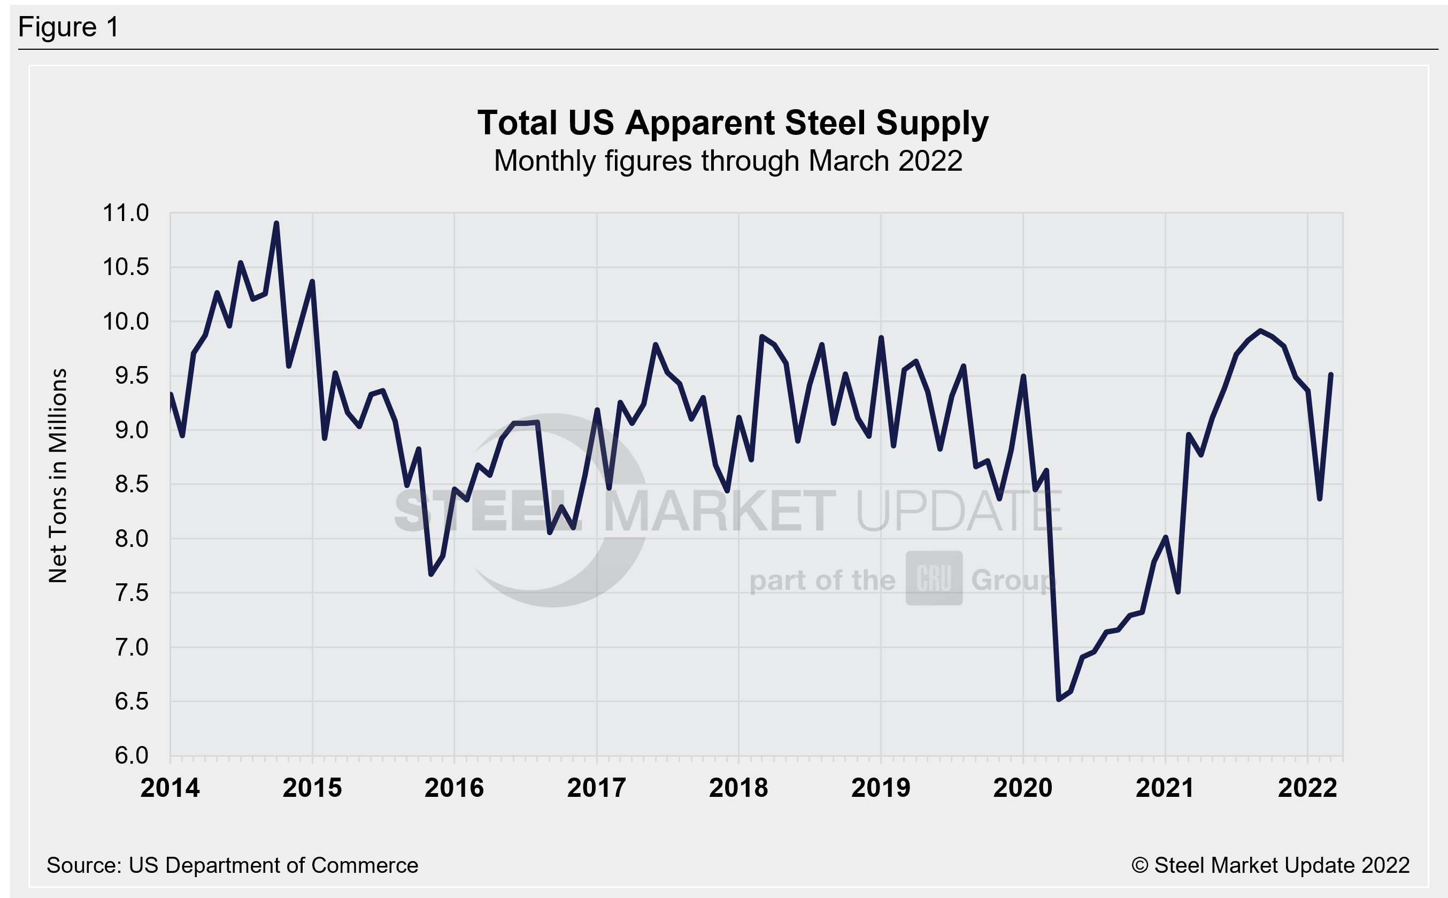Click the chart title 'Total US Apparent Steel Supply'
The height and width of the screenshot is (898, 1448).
tap(733, 123)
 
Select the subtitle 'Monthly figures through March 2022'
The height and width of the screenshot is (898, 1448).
tap(728, 161)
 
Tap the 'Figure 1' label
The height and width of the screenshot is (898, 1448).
tap(68, 27)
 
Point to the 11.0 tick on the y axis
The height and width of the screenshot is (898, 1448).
tap(126, 212)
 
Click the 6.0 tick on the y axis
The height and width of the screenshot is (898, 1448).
tap(131, 756)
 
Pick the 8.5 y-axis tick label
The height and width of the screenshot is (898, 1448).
tap(131, 484)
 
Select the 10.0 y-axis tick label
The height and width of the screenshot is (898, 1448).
tap(126, 321)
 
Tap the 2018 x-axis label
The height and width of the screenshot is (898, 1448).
tap(738, 788)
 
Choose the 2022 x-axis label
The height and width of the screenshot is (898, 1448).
tap(1307, 788)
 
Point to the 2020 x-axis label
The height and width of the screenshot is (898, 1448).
tap(1022, 788)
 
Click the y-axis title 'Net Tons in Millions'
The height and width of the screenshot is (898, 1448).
tap(58, 475)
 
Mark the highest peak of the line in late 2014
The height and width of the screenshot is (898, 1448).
tap(276, 223)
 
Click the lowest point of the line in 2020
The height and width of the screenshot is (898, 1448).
tap(1059, 699)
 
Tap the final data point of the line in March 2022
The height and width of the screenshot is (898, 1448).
tap(1331, 374)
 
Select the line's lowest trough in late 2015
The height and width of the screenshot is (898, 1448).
tap(431, 574)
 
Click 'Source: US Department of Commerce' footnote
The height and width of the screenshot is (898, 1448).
tap(232, 865)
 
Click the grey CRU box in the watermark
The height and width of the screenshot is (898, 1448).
tap(934, 578)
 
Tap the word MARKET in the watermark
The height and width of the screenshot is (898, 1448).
tap(719, 511)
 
